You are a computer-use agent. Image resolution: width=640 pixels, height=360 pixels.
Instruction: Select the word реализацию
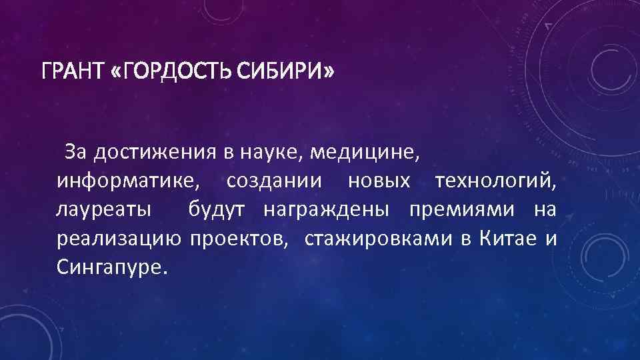click(x=119, y=239)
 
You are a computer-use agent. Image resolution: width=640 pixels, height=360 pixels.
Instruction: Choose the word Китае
click(x=507, y=239)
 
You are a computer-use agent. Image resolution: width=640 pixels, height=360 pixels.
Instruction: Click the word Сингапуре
click(x=109, y=269)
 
